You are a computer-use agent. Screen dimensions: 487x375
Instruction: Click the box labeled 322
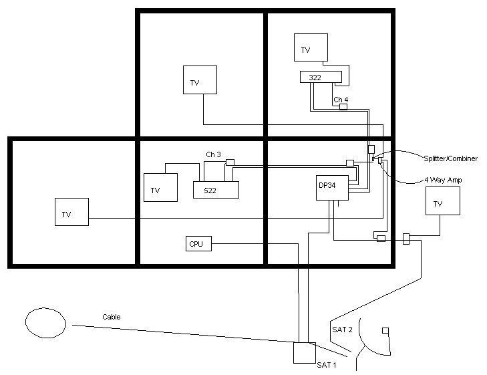pos(321,77)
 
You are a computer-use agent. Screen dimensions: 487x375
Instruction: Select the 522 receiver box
pos(216,190)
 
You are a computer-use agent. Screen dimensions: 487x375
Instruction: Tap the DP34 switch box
pos(332,188)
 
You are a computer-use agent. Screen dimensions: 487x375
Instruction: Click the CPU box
pos(199,243)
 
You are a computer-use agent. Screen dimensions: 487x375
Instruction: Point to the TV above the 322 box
pos(311,47)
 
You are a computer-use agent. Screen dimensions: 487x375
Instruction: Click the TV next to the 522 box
pos(160,187)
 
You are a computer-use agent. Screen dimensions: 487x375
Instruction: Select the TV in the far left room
pos(71,212)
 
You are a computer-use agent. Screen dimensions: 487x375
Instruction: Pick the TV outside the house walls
pos(443,201)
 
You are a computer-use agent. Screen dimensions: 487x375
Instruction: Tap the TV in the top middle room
pos(200,80)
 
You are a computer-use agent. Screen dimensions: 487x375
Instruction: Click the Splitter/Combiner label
pos(451,158)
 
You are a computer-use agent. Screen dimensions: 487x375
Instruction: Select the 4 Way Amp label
pos(443,180)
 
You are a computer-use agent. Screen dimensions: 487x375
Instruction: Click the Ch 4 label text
pos(341,100)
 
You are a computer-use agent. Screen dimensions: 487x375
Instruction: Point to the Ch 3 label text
pos(213,154)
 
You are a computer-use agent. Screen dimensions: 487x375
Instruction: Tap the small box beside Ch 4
pos(343,107)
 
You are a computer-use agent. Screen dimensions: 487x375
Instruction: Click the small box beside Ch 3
pos(230,162)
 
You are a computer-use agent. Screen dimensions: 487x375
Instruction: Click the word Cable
pos(112,317)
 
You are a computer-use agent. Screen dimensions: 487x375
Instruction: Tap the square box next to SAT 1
pos(305,353)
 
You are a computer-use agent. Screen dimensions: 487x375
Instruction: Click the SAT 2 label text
pos(342,330)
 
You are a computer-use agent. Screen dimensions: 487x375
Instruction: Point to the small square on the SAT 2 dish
pos(385,331)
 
